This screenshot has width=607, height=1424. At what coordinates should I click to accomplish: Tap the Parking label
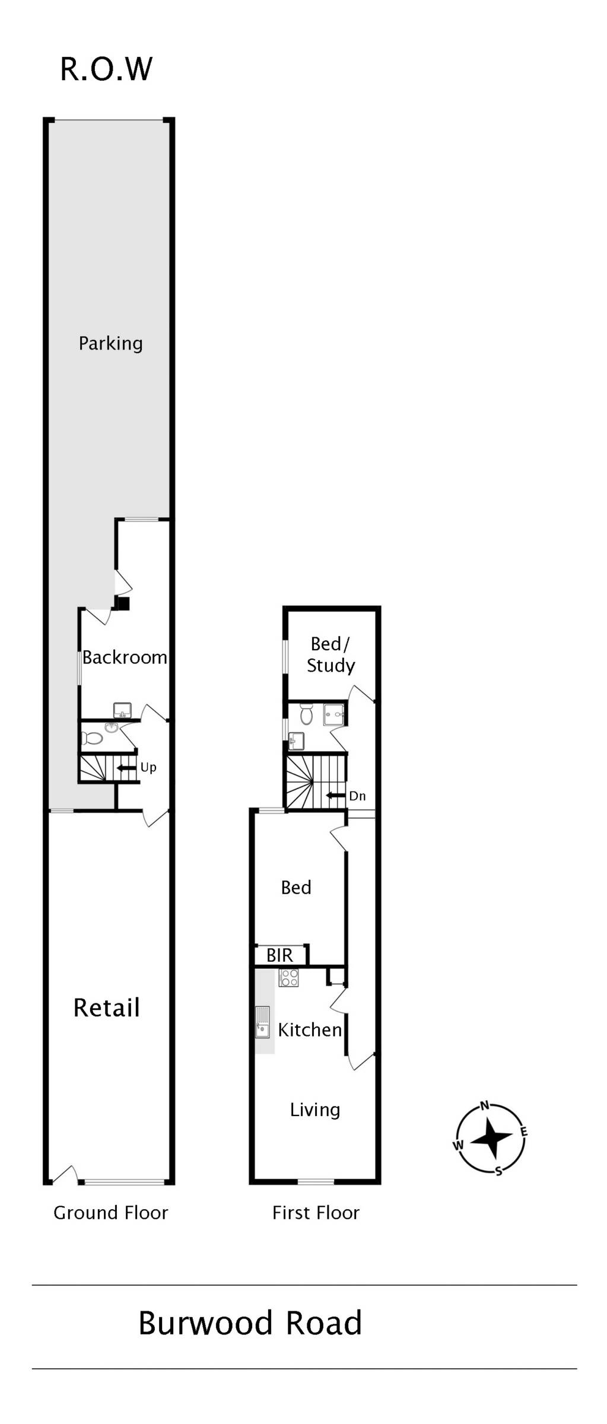(110, 344)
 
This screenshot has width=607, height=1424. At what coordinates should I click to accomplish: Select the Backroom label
(125, 657)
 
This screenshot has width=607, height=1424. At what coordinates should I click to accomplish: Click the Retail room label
(107, 1007)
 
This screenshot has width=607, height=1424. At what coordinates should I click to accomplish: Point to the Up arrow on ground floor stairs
(126, 768)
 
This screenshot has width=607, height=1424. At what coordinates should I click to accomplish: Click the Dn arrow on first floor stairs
(336, 796)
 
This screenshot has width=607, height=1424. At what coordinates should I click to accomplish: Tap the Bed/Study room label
(330, 654)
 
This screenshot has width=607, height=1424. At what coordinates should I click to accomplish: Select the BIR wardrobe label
(279, 955)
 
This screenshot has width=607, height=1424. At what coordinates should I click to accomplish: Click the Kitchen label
(310, 1029)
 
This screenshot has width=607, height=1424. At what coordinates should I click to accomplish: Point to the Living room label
(315, 1110)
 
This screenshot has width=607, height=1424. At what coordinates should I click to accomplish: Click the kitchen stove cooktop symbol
(289, 977)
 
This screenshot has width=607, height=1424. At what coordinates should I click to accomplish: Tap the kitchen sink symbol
(262, 1021)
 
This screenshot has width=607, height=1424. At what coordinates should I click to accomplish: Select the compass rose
(491, 1138)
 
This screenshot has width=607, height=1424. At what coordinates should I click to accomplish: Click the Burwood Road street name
(250, 1323)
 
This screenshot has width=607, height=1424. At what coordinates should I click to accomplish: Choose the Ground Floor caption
(111, 1213)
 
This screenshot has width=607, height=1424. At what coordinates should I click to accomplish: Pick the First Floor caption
(316, 1213)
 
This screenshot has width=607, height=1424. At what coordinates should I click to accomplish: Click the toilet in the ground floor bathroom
(92, 738)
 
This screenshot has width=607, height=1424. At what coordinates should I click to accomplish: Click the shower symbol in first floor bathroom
(334, 715)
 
